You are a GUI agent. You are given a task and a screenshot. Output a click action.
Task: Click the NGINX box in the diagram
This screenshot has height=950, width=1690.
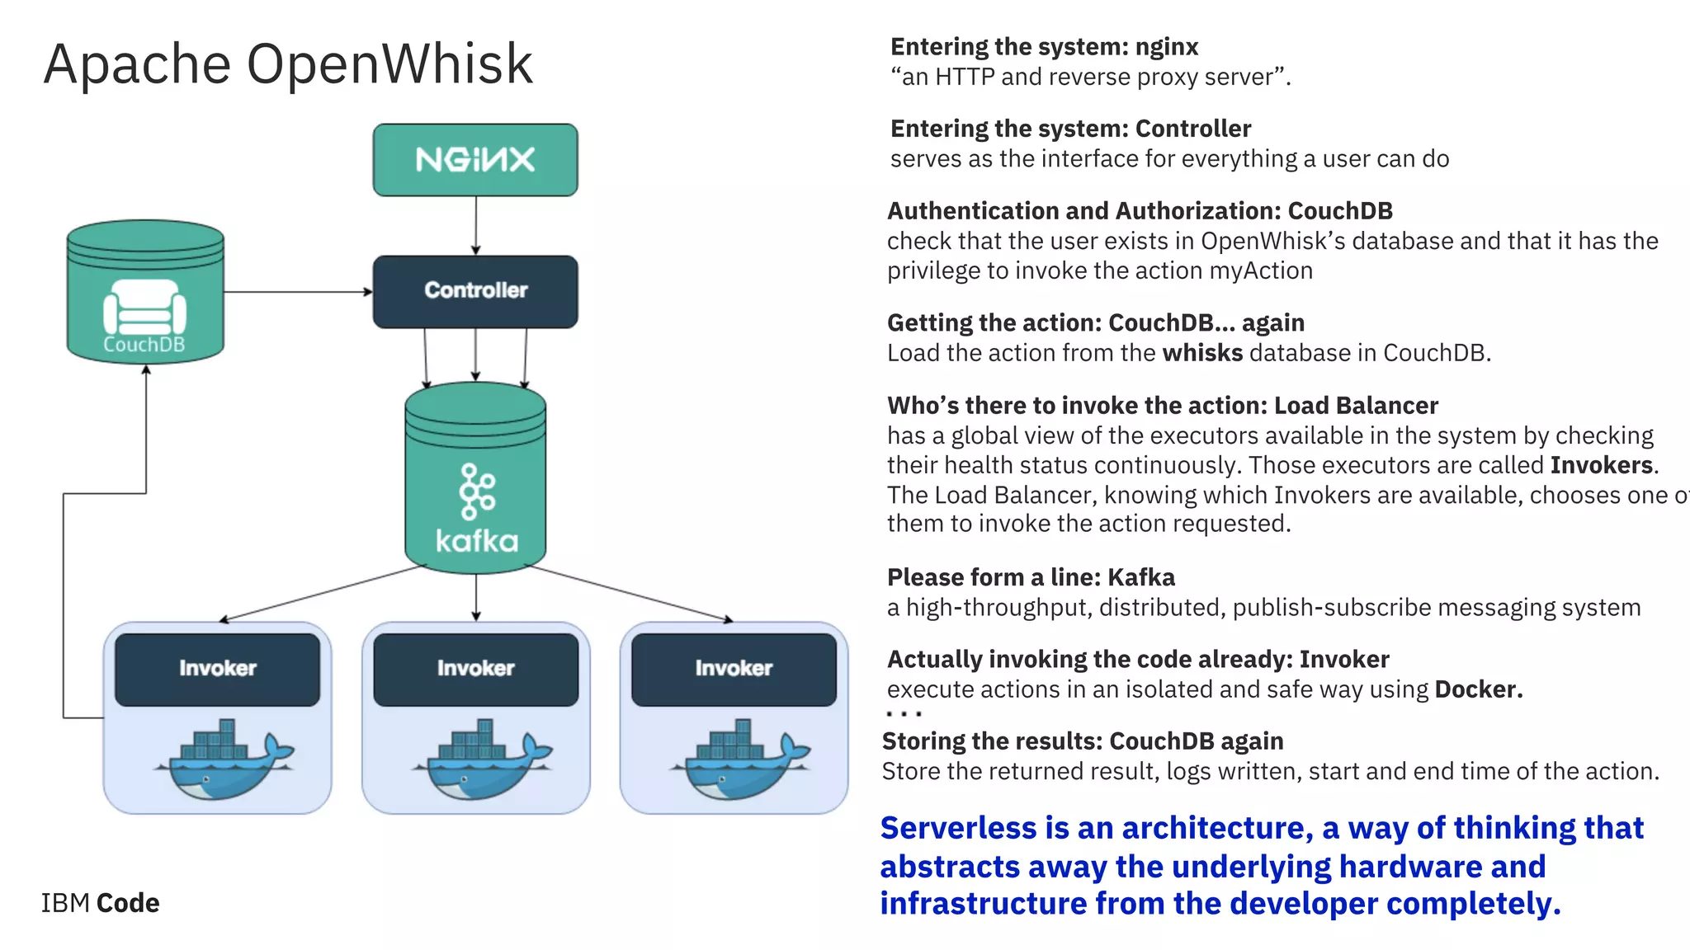(475, 160)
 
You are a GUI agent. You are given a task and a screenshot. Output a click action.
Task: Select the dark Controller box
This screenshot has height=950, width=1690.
(475, 291)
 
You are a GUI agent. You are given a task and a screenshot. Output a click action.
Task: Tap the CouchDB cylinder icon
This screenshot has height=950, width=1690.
(145, 293)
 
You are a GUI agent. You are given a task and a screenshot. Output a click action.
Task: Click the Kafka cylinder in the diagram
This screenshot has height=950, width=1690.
(475, 478)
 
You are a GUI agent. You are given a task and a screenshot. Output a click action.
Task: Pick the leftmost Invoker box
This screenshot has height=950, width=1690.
(217, 669)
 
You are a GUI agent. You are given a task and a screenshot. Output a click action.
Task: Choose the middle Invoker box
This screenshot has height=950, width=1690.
(475, 669)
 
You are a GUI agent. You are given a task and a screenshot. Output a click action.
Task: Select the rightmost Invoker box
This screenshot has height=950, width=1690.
(734, 669)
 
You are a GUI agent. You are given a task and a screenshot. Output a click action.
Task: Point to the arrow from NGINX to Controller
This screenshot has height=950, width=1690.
(475, 225)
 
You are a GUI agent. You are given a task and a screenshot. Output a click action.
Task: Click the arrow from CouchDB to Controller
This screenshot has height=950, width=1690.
(298, 291)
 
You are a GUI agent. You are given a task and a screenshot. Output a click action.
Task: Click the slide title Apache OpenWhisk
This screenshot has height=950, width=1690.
(288, 64)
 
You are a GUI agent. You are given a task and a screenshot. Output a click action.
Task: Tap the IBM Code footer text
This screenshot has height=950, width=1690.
(100, 903)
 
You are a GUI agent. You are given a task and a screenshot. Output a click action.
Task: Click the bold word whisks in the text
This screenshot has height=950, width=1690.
(1202, 353)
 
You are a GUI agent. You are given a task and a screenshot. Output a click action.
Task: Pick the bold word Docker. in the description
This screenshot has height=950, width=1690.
(1479, 689)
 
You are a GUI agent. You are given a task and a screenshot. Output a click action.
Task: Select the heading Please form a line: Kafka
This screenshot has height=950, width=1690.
(1031, 577)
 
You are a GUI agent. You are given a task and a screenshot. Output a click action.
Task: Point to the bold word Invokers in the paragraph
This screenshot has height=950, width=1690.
(1601, 465)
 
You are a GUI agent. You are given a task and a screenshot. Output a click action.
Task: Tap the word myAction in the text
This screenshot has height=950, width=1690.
(1261, 270)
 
